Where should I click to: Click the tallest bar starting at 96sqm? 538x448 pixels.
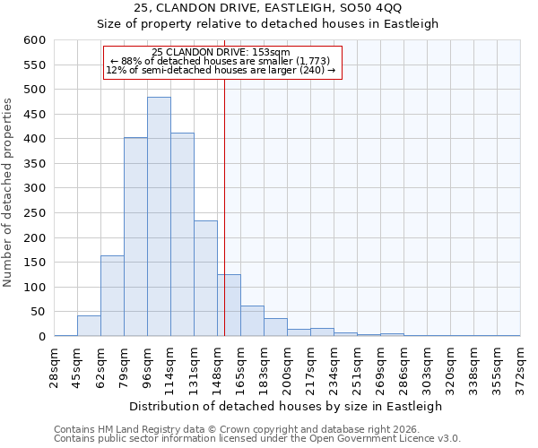pos(159,217)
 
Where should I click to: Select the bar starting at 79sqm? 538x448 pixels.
pos(135,237)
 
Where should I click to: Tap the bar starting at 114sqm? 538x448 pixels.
pos(182,234)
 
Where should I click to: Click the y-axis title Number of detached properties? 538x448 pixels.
pos(8,194)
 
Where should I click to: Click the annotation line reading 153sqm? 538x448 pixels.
pos(221,52)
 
